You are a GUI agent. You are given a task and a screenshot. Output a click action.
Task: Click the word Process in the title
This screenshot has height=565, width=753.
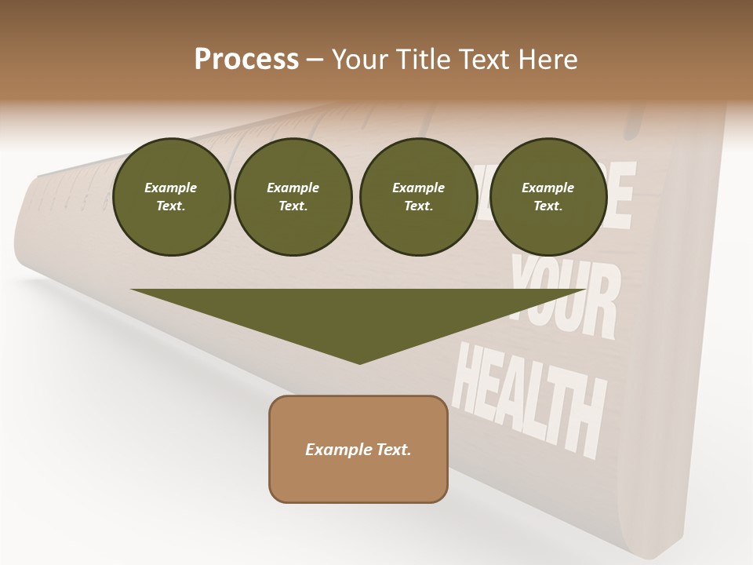click(246, 59)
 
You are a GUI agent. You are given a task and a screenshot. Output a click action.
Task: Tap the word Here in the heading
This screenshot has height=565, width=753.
click(547, 59)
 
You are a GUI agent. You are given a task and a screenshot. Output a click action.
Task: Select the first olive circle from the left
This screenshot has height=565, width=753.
click(172, 197)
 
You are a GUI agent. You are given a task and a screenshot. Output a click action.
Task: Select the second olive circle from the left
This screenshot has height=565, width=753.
click(293, 197)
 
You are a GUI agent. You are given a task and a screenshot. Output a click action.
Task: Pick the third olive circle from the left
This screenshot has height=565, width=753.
click(419, 197)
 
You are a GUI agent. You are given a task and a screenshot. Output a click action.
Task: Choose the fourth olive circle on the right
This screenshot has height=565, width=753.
click(548, 197)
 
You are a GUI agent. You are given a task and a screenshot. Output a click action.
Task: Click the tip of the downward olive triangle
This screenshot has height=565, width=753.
click(359, 362)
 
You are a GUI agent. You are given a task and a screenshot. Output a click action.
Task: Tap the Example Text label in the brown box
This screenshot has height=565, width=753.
click(358, 450)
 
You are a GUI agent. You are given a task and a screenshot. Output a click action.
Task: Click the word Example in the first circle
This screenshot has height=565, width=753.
click(171, 188)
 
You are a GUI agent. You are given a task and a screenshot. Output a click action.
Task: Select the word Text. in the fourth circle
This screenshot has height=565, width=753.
click(547, 206)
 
